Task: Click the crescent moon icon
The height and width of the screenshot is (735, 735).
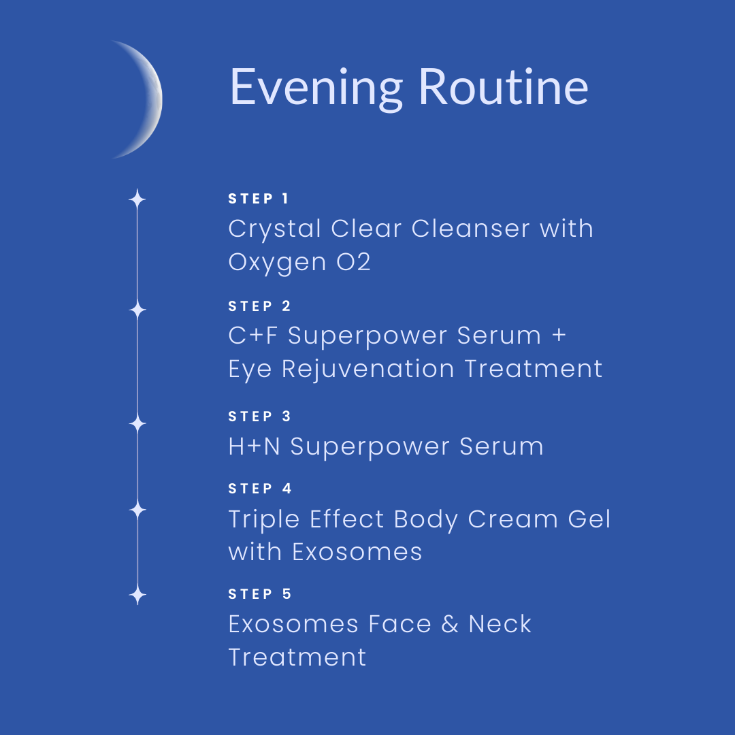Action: point(149,99)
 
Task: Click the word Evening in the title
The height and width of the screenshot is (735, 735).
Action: point(316,88)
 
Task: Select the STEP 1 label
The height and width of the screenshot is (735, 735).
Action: point(259,199)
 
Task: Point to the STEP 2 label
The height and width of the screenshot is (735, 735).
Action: point(260,306)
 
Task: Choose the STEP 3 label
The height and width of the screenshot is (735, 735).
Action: point(260,416)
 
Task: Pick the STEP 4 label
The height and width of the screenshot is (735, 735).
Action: point(260,489)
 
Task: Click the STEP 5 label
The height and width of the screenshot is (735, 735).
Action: point(260,594)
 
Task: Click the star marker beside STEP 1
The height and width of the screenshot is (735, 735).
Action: point(137,199)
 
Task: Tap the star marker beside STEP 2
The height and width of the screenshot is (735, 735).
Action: point(137,310)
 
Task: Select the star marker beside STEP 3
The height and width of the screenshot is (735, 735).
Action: point(137,423)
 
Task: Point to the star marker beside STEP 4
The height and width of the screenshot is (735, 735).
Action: point(137,510)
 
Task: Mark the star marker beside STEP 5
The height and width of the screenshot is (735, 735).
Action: point(137,595)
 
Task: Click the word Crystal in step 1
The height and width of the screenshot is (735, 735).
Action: point(275,230)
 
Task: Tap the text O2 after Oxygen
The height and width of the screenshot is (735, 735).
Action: point(353,261)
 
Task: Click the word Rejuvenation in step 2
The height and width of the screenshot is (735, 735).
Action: point(368,370)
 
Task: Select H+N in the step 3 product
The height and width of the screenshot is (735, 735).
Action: point(254,446)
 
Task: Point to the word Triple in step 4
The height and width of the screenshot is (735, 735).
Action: point(264,521)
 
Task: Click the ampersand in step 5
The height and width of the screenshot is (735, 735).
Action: point(450,624)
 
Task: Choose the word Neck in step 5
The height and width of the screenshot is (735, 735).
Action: point(500,624)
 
